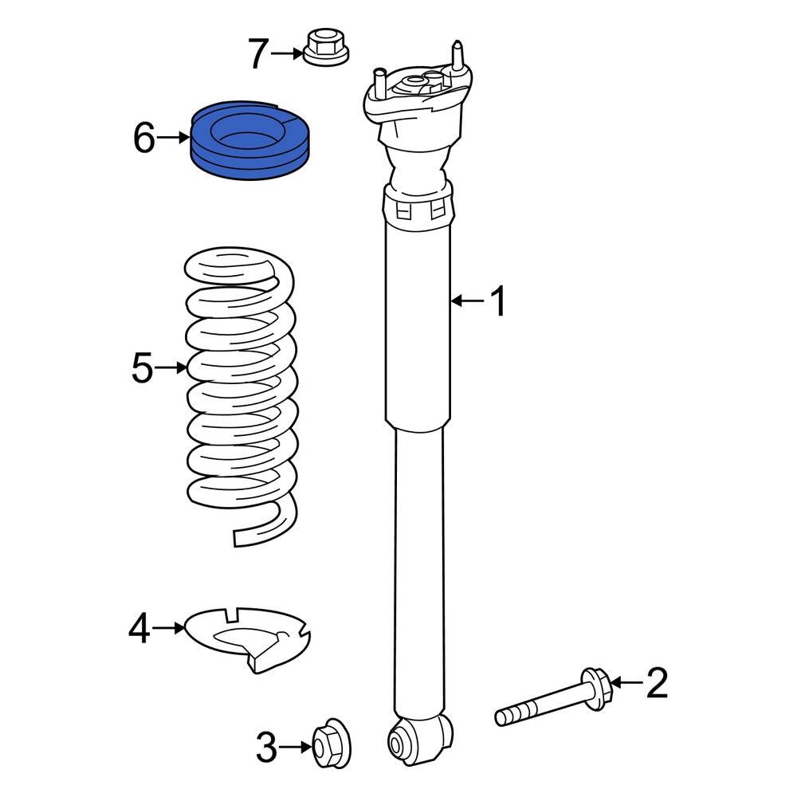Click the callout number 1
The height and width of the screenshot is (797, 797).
point(498,302)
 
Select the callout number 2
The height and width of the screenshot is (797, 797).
point(656,683)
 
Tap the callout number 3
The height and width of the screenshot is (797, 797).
point(267,748)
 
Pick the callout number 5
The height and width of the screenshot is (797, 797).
point(141,368)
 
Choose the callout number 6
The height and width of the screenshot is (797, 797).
point(143,139)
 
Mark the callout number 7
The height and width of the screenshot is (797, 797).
point(257,54)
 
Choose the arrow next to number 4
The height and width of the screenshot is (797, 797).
point(168,628)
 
